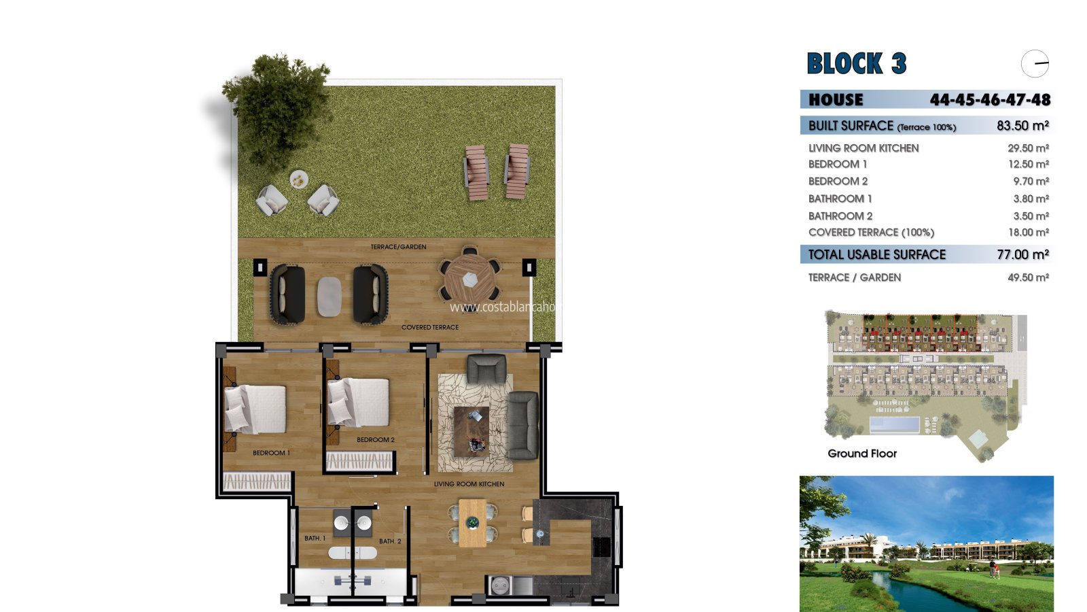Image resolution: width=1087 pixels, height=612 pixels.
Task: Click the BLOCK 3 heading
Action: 857,63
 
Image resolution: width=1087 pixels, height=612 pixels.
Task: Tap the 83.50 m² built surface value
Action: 1023,126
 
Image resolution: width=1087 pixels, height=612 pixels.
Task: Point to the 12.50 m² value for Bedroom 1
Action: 1029,164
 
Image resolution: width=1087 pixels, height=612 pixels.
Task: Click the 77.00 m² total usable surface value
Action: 1023,254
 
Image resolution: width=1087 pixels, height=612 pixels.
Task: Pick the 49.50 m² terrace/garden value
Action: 1029,277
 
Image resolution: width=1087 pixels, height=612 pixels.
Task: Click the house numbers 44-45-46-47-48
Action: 990,99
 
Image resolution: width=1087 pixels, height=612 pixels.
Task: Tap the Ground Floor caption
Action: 862,453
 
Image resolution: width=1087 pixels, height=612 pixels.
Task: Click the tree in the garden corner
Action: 277,109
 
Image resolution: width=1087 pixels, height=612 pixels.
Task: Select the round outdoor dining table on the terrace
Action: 469,279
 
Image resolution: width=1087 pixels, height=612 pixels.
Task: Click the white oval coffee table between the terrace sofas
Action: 329,296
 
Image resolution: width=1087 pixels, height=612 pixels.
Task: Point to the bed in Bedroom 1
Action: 255,409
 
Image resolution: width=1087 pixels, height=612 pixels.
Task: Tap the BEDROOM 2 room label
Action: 376,439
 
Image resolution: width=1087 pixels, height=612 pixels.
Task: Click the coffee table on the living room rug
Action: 471,431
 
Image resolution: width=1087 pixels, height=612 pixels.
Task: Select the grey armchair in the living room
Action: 486,369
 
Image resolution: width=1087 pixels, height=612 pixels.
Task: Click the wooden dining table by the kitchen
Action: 472,523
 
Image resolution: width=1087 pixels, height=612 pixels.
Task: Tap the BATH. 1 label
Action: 315,538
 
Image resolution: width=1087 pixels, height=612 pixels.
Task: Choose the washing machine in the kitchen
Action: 499,585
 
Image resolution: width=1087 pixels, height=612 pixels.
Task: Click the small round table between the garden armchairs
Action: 299,180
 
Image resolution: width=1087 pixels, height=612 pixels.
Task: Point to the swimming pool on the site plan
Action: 894,425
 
